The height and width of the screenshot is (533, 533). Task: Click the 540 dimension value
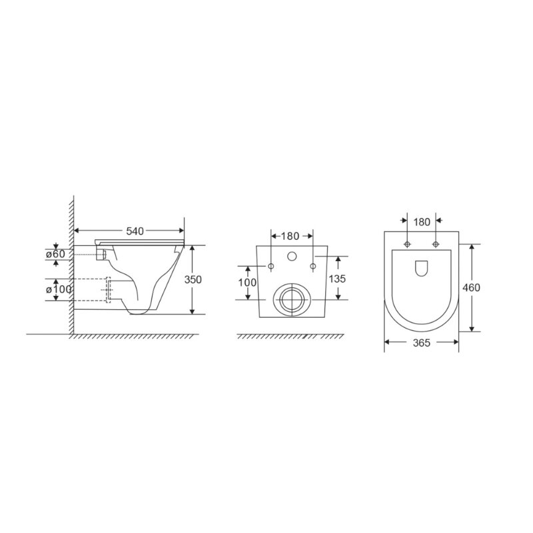tap(135, 231)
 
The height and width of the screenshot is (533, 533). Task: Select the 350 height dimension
tap(193, 279)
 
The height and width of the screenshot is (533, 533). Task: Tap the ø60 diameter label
tap(55, 254)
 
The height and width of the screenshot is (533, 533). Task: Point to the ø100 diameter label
tap(59, 289)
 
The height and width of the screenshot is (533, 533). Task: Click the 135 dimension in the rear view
tap(337, 278)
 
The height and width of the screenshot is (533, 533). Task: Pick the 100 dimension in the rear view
tap(247, 282)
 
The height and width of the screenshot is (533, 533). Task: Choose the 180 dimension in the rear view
tap(290, 236)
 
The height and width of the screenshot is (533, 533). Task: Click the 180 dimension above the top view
tap(422, 222)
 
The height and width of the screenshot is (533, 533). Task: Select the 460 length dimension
tap(472, 288)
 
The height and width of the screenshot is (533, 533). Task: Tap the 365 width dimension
tap(422, 342)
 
